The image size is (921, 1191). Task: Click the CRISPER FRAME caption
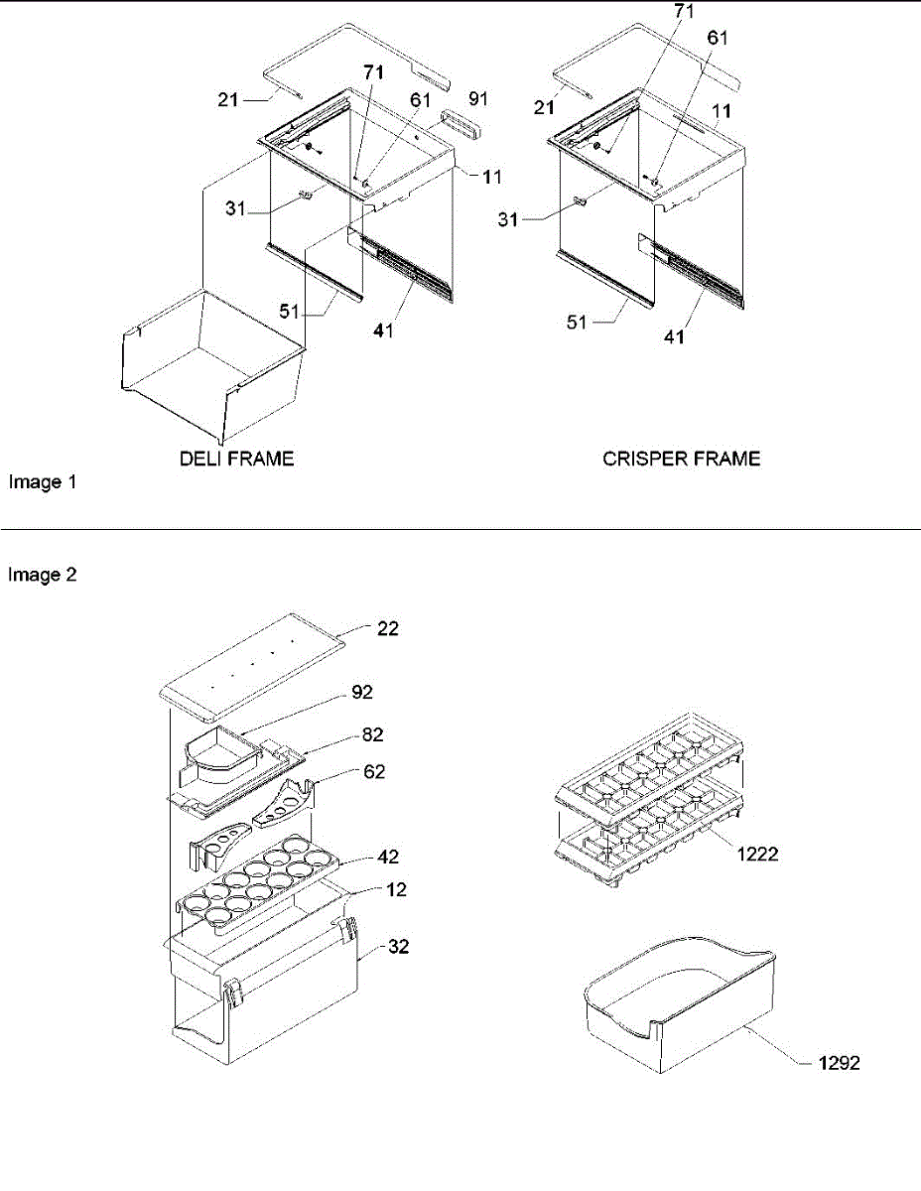click(x=681, y=459)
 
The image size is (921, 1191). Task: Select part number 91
click(x=478, y=98)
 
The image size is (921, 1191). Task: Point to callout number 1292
click(x=840, y=1063)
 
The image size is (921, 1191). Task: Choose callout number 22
click(x=389, y=628)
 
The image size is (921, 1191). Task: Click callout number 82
click(x=372, y=734)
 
